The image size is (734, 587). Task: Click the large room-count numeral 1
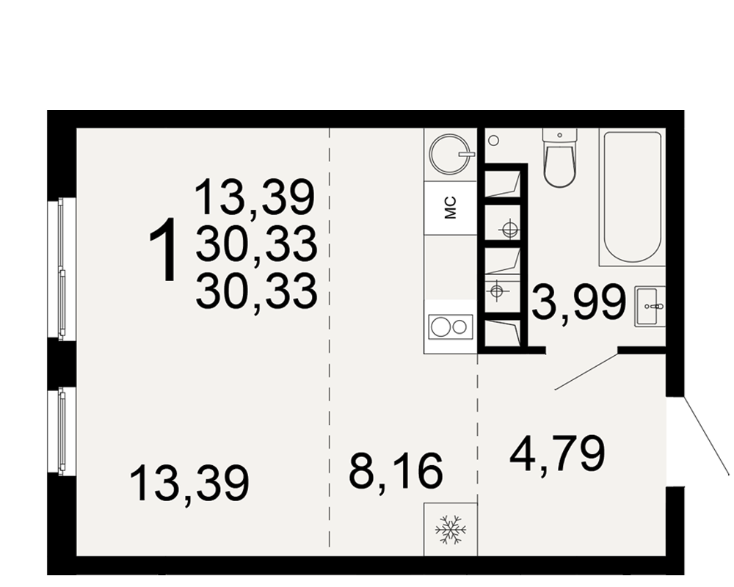[x=162, y=249]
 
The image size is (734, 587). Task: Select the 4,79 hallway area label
[x=558, y=454]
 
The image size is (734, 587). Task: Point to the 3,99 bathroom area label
[x=580, y=302]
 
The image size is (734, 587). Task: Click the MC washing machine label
[x=450, y=208]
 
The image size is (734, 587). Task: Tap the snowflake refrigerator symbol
[x=451, y=530]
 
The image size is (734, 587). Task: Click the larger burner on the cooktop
[x=440, y=327]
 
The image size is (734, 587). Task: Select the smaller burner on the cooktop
[x=460, y=327]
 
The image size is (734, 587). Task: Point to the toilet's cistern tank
[x=560, y=134]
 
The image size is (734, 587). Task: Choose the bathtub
[x=632, y=198]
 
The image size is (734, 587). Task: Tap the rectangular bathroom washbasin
[x=650, y=307]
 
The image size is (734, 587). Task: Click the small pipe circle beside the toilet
[x=493, y=140]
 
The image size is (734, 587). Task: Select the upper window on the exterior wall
[x=62, y=268]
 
